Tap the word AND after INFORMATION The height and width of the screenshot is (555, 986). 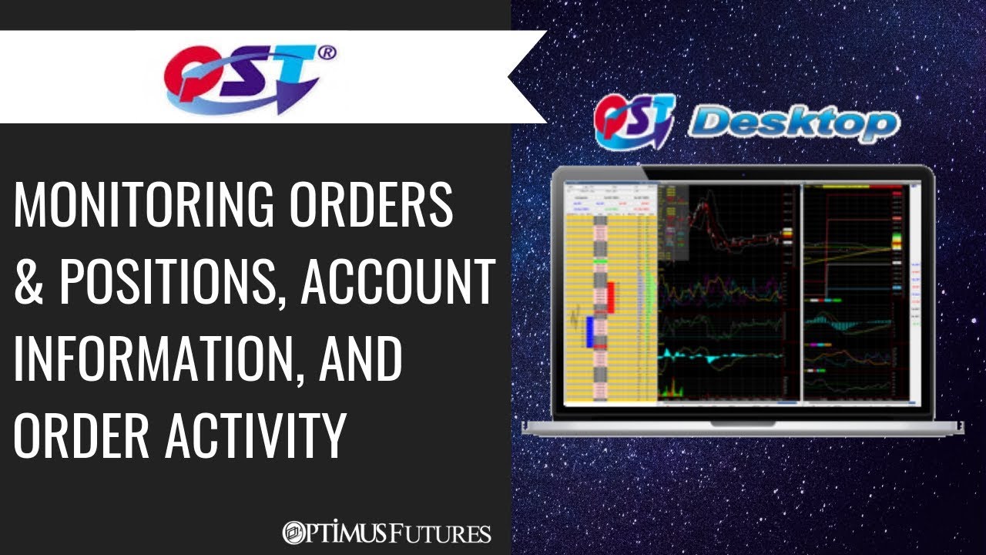click(x=361, y=360)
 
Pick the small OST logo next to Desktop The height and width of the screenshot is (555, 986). click(x=633, y=121)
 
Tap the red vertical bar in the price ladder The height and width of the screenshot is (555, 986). click(x=611, y=297)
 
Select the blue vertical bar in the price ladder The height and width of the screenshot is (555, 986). click(x=590, y=331)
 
